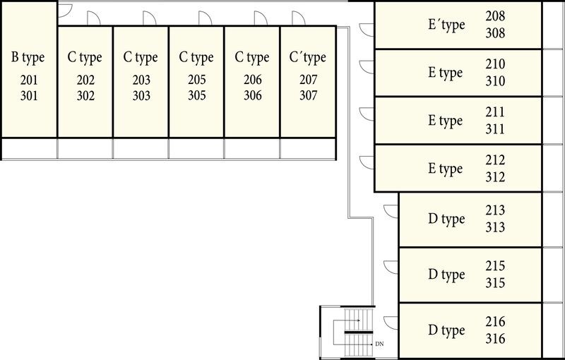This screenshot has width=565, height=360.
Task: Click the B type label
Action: click(x=28, y=57)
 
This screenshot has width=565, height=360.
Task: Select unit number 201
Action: click(x=28, y=80)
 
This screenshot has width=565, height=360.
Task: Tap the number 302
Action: click(x=85, y=95)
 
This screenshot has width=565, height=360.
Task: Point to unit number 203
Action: click(x=141, y=80)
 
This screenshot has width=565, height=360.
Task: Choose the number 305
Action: click(x=197, y=95)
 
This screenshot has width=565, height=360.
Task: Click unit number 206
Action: click(x=252, y=80)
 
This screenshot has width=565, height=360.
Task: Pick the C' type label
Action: click(x=308, y=57)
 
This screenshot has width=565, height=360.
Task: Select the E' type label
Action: click(x=446, y=25)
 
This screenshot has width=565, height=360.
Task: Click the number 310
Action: click(x=496, y=81)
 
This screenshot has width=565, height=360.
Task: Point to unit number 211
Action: click(x=496, y=112)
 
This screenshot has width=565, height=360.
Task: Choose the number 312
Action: click(x=496, y=177)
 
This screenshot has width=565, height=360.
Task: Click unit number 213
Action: click(x=496, y=210)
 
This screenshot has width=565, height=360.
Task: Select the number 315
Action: click(x=496, y=282)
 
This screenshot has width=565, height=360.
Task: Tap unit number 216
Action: click(x=496, y=322)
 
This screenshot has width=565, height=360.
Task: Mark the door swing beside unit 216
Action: click(x=389, y=324)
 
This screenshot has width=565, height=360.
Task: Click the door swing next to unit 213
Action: click(x=389, y=211)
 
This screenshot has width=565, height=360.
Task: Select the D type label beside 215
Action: click(x=446, y=274)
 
